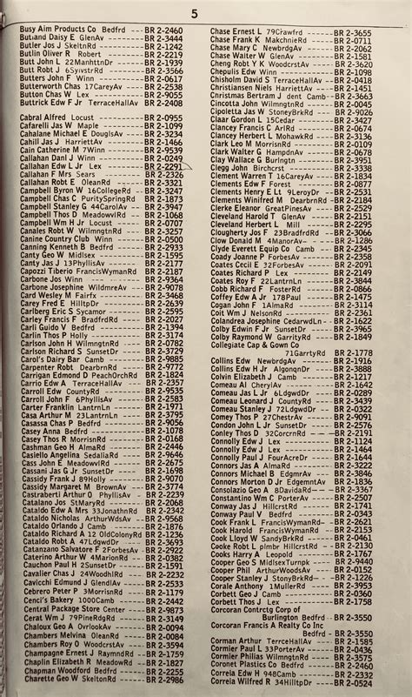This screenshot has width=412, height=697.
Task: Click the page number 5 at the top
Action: (x=195, y=13)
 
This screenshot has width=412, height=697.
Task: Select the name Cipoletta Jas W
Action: (x=243, y=111)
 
